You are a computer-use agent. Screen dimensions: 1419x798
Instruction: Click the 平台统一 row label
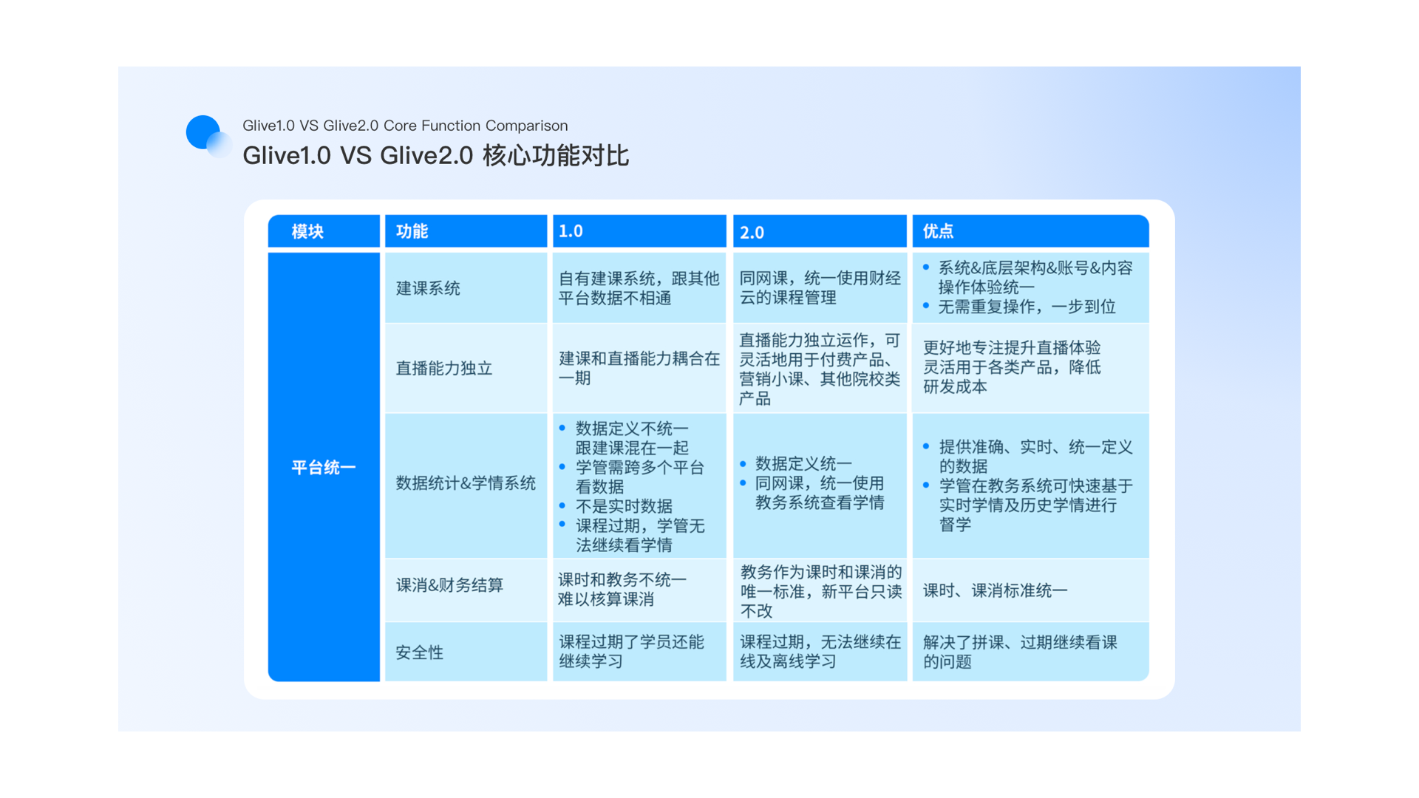pos(324,468)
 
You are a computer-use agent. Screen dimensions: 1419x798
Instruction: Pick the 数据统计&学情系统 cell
pos(466,483)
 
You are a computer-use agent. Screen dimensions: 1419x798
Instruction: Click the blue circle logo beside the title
pos(203,132)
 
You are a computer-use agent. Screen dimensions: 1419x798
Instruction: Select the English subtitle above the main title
pos(405,126)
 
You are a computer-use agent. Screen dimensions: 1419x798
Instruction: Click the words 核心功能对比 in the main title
pos(556,156)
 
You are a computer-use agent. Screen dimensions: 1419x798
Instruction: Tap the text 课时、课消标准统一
pos(996,590)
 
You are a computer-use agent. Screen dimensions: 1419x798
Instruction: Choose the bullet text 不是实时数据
pos(624,506)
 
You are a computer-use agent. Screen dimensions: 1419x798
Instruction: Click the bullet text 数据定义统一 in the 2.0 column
pos(803,463)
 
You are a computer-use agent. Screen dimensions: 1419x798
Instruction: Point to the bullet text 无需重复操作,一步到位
pos(1027,307)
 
